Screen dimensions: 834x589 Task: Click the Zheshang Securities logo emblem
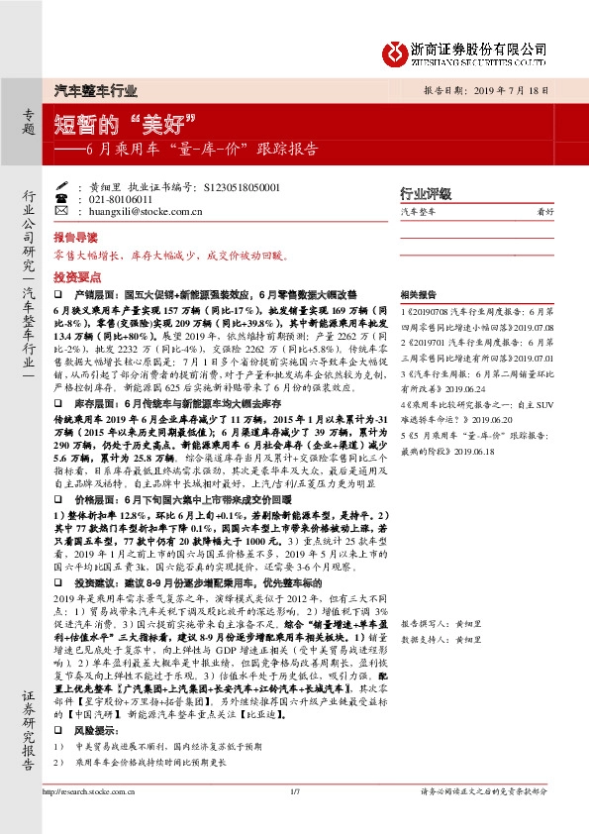398,50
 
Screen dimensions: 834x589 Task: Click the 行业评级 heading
426,193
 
